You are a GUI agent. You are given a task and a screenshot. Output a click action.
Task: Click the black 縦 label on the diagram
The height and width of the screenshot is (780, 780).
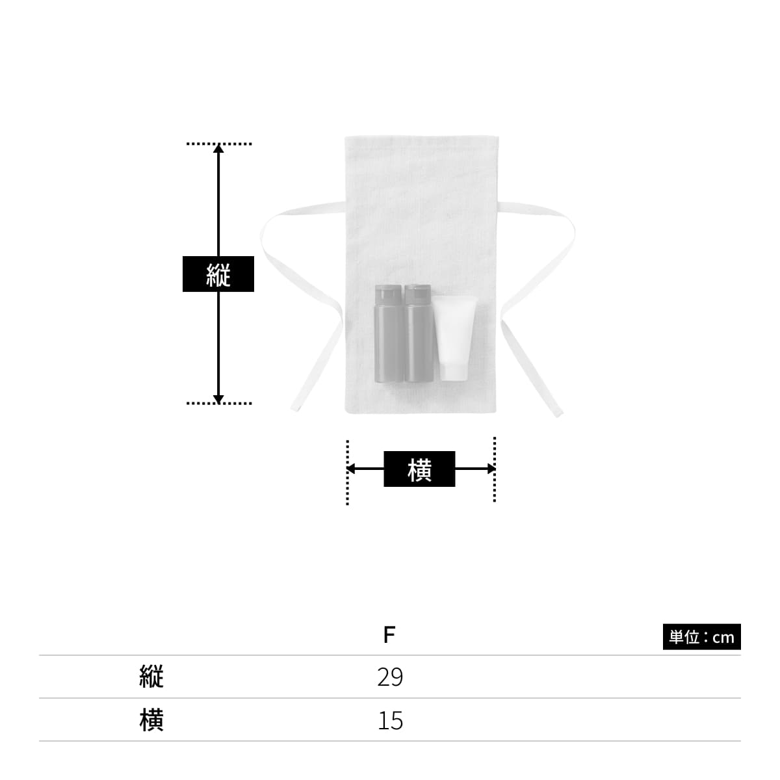tap(218, 274)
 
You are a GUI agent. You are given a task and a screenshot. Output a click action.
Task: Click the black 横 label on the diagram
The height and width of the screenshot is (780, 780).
tap(419, 469)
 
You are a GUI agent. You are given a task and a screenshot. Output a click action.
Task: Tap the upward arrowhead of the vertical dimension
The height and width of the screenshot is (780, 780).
tap(218, 148)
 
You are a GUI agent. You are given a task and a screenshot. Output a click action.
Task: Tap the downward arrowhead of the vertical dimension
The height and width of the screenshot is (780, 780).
tap(218, 399)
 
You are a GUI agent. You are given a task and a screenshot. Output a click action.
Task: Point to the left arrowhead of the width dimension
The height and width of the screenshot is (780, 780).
tap(351, 469)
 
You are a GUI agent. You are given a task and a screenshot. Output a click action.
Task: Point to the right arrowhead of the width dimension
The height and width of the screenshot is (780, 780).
tap(491, 469)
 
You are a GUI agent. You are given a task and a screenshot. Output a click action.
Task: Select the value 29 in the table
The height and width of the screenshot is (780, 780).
tap(390, 677)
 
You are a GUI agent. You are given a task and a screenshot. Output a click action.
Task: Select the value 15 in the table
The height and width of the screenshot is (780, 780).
tap(390, 721)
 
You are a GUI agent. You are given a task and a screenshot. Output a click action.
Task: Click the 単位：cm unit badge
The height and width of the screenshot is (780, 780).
tap(701, 637)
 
